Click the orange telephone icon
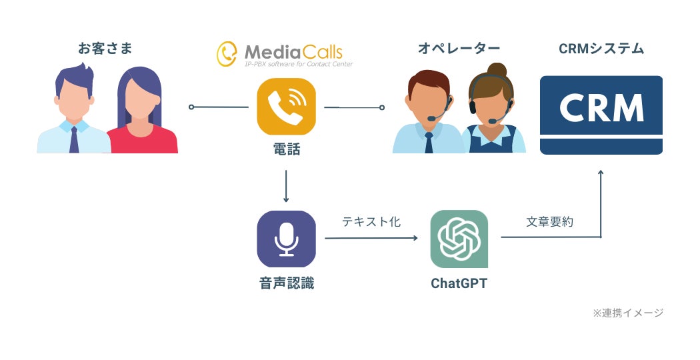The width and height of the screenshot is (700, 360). [x=286, y=107]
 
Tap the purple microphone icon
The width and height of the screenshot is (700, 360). [x=286, y=239]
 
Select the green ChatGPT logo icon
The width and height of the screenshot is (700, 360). [x=459, y=239]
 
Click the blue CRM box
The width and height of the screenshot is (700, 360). [x=601, y=115]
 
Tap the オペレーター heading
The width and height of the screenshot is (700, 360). [x=459, y=49]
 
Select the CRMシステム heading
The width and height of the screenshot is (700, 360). [x=601, y=49]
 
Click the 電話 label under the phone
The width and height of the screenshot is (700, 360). [x=286, y=150]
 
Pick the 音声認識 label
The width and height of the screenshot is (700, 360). [x=286, y=283]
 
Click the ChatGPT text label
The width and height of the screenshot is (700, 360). [x=459, y=283]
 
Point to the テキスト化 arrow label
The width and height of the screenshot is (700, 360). [x=371, y=222]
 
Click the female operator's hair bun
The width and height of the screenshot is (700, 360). [x=496, y=69]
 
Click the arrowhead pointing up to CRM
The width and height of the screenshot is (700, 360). [x=601, y=173]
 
